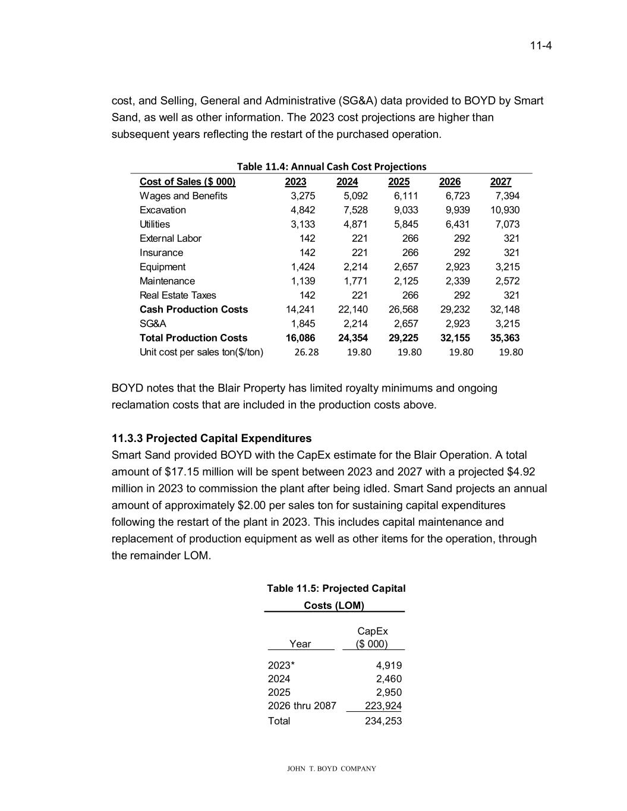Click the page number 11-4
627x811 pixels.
point(541,46)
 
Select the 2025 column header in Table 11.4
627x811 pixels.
point(398,182)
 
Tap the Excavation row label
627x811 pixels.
point(163,210)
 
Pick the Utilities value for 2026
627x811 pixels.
point(458,225)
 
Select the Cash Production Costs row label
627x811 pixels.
point(194,310)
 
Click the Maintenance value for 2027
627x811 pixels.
point(507,281)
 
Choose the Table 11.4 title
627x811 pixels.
point(332,166)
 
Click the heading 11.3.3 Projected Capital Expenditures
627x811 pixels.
point(212,438)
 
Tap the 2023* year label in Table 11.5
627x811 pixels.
point(282,665)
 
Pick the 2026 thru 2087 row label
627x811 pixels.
point(302,706)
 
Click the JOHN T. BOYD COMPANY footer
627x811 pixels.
point(332,769)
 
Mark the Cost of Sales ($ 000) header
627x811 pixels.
point(187,182)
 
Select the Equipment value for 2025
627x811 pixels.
point(406,267)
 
